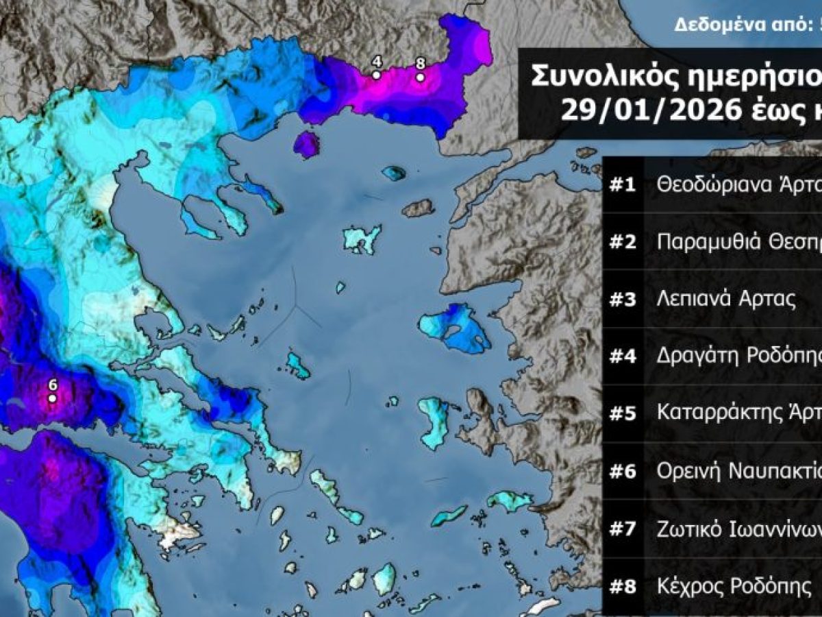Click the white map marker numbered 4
376,75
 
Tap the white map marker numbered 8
420,77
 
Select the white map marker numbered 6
51,398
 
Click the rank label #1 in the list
623,184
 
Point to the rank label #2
623,242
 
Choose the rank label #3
623,300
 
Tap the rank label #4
623,356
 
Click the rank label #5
623,414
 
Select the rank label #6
623,472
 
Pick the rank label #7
623,529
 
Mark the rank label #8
623,587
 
